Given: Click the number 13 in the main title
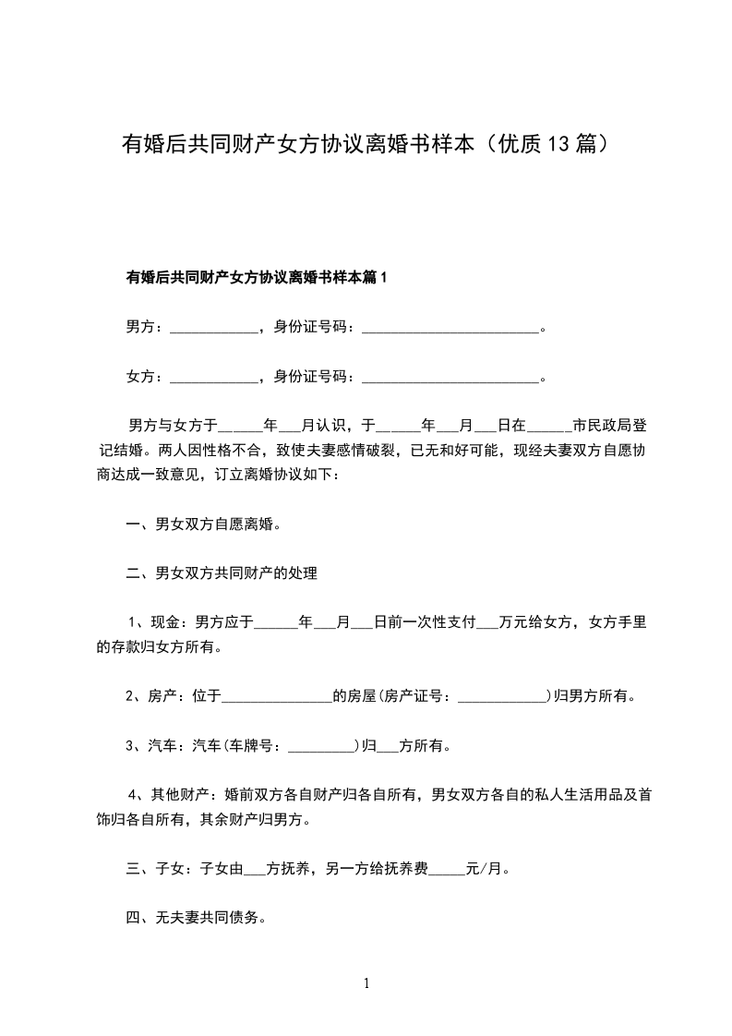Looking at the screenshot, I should [x=559, y=145].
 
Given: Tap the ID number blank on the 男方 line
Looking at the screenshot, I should [x=450, y=327].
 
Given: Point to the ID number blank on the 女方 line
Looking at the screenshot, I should [x=450, y=377].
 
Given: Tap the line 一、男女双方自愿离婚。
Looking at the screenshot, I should [x=203, y=524].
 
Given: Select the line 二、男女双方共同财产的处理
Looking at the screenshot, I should [x=222, y=573].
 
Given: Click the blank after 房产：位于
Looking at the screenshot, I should [x=277, y=697].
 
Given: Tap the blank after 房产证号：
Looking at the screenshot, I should [x=503, y=697].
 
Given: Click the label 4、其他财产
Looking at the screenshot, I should [x=171, y=795].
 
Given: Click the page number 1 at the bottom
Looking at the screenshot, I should [x=366, y=983].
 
